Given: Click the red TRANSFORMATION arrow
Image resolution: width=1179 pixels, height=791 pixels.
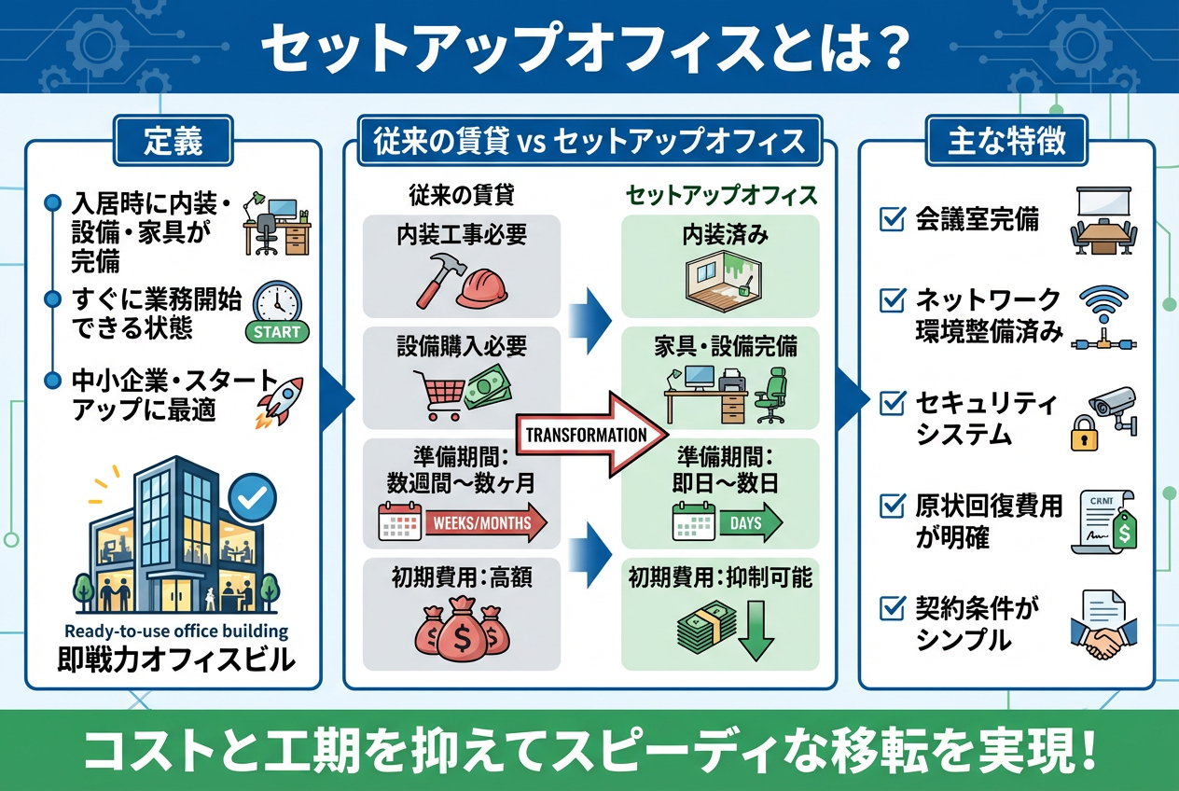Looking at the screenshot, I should pyautogui.click(x=597, y=434).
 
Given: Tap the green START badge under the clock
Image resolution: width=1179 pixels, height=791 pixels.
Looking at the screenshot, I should pyautogui.click(x=277, y=332).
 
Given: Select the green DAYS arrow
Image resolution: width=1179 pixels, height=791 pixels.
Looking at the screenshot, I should pyautogui.click(x=750, y=523).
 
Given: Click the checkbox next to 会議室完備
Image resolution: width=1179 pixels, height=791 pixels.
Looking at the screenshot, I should pyautogui.click(x=893, y=220).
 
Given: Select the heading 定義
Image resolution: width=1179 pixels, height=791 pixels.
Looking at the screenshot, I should pyautogui.click(x=173, y=142).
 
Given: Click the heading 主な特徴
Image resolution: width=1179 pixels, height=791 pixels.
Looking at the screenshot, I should pyautogui.click(x=1006, y=142).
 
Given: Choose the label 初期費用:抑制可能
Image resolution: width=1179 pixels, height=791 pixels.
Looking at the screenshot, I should pyautogui.click(x=719, y=578).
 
